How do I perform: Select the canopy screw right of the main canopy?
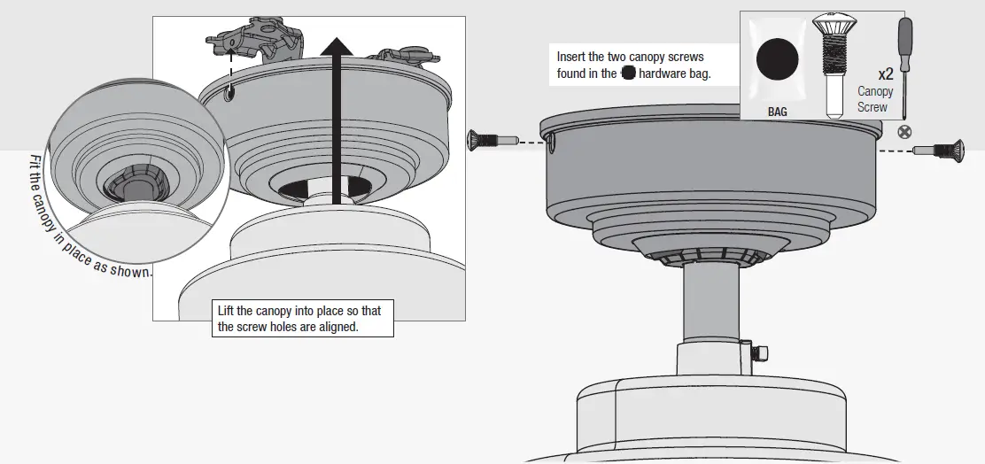pyautogui.click(x=938, y=150)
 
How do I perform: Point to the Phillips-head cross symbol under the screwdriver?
pyautogui.click(x=904, y=132)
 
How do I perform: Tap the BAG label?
pyautogui.click(x=776, y=112)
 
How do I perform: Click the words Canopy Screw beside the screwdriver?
pyautogui.click(x=875, y=99)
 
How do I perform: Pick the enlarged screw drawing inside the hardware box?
pyautogui.click(x=834, y=62)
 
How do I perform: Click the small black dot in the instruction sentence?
pyautogui.click(x=628, y=73)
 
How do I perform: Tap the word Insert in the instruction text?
pyautogui.click(x=572, y=57)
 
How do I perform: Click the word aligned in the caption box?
pyautogui.click(x=343, y=327)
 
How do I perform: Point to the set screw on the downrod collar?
pyautogui.click(x=756, y=353)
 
